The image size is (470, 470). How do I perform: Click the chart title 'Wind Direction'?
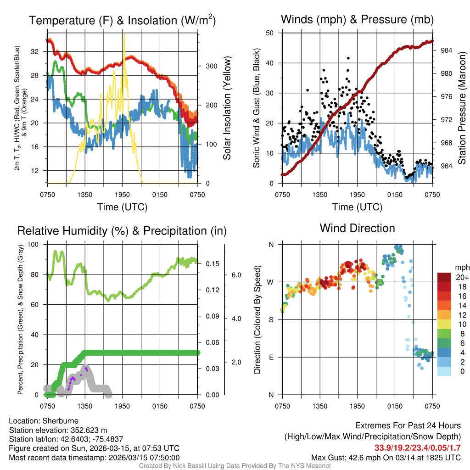click(357, 228)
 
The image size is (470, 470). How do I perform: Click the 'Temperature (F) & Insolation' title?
click(122, 21)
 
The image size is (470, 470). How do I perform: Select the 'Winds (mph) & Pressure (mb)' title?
click(357, 19)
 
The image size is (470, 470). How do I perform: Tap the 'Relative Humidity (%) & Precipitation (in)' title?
click(122, 230)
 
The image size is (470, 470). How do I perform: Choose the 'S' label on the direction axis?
click(271, 319)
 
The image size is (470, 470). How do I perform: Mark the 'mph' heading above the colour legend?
click(461, 267)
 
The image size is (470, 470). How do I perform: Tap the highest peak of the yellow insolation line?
click(123, 34)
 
